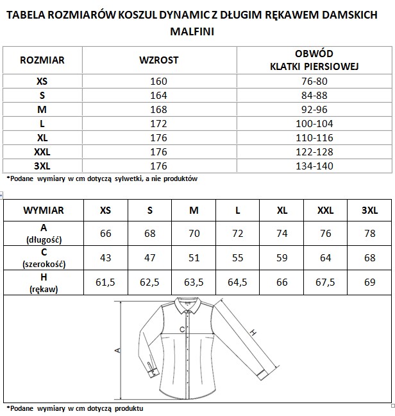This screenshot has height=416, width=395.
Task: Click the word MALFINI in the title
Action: (197, 30)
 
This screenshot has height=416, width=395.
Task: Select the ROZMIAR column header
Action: (42, 60)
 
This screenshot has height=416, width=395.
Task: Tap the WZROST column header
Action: (159, 60)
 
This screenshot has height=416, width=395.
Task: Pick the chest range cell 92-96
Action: (314, 109)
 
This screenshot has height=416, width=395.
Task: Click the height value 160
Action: (158, 81)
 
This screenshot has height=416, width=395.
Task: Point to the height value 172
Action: (158, 123)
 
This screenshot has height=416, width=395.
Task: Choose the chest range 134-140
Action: (314, 166)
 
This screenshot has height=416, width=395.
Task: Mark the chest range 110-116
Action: (314, 137)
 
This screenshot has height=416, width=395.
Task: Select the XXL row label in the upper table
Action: (42, 152)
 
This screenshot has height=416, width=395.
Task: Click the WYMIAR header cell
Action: (43, 210)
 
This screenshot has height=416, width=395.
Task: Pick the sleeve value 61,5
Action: (106, 282)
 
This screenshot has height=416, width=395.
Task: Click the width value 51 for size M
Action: (194, 257)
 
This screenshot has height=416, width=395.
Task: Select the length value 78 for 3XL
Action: (369, 233)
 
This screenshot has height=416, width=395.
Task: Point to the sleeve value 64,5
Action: (237, 282)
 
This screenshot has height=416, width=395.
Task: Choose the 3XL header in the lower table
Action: (369, 210)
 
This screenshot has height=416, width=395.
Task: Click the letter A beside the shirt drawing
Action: (117, 351)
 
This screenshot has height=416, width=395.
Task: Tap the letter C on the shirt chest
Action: (182, 329)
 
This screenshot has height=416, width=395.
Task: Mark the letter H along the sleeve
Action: (253, 333)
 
